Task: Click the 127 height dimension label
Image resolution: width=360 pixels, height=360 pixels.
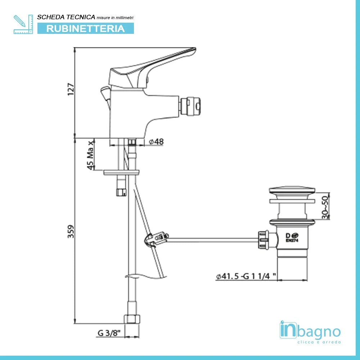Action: click(x=71, y=89)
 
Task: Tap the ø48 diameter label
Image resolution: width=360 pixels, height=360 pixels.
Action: click(x=156, y=142)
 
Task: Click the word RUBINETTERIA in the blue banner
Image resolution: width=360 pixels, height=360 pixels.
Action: click(x=86, y=28)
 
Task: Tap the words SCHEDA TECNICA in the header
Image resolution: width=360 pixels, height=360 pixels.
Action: click(x=66, y=17)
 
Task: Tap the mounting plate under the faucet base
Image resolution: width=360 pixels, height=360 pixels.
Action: click(x=121, y=172)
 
